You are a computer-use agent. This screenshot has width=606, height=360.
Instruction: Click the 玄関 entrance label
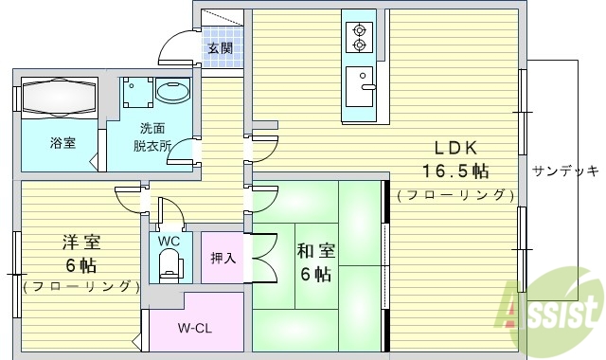point(221,48)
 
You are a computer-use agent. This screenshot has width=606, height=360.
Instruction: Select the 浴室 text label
point(62,143)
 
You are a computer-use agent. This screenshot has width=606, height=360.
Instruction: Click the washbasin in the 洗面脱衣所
point(172,93)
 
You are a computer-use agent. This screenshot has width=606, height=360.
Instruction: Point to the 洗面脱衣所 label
point(151,137)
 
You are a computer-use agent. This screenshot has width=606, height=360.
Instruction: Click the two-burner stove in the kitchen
point(360,36)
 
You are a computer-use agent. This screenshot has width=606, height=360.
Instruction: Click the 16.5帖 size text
point(455,171)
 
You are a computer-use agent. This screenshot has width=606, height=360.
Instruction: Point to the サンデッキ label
point(564,171)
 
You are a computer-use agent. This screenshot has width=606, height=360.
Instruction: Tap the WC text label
point(169,241)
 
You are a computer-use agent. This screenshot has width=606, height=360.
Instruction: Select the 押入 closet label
point(223,257)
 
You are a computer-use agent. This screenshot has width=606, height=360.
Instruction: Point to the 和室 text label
point(316,251)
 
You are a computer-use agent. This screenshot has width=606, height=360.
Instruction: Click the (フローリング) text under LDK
point(455,196)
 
